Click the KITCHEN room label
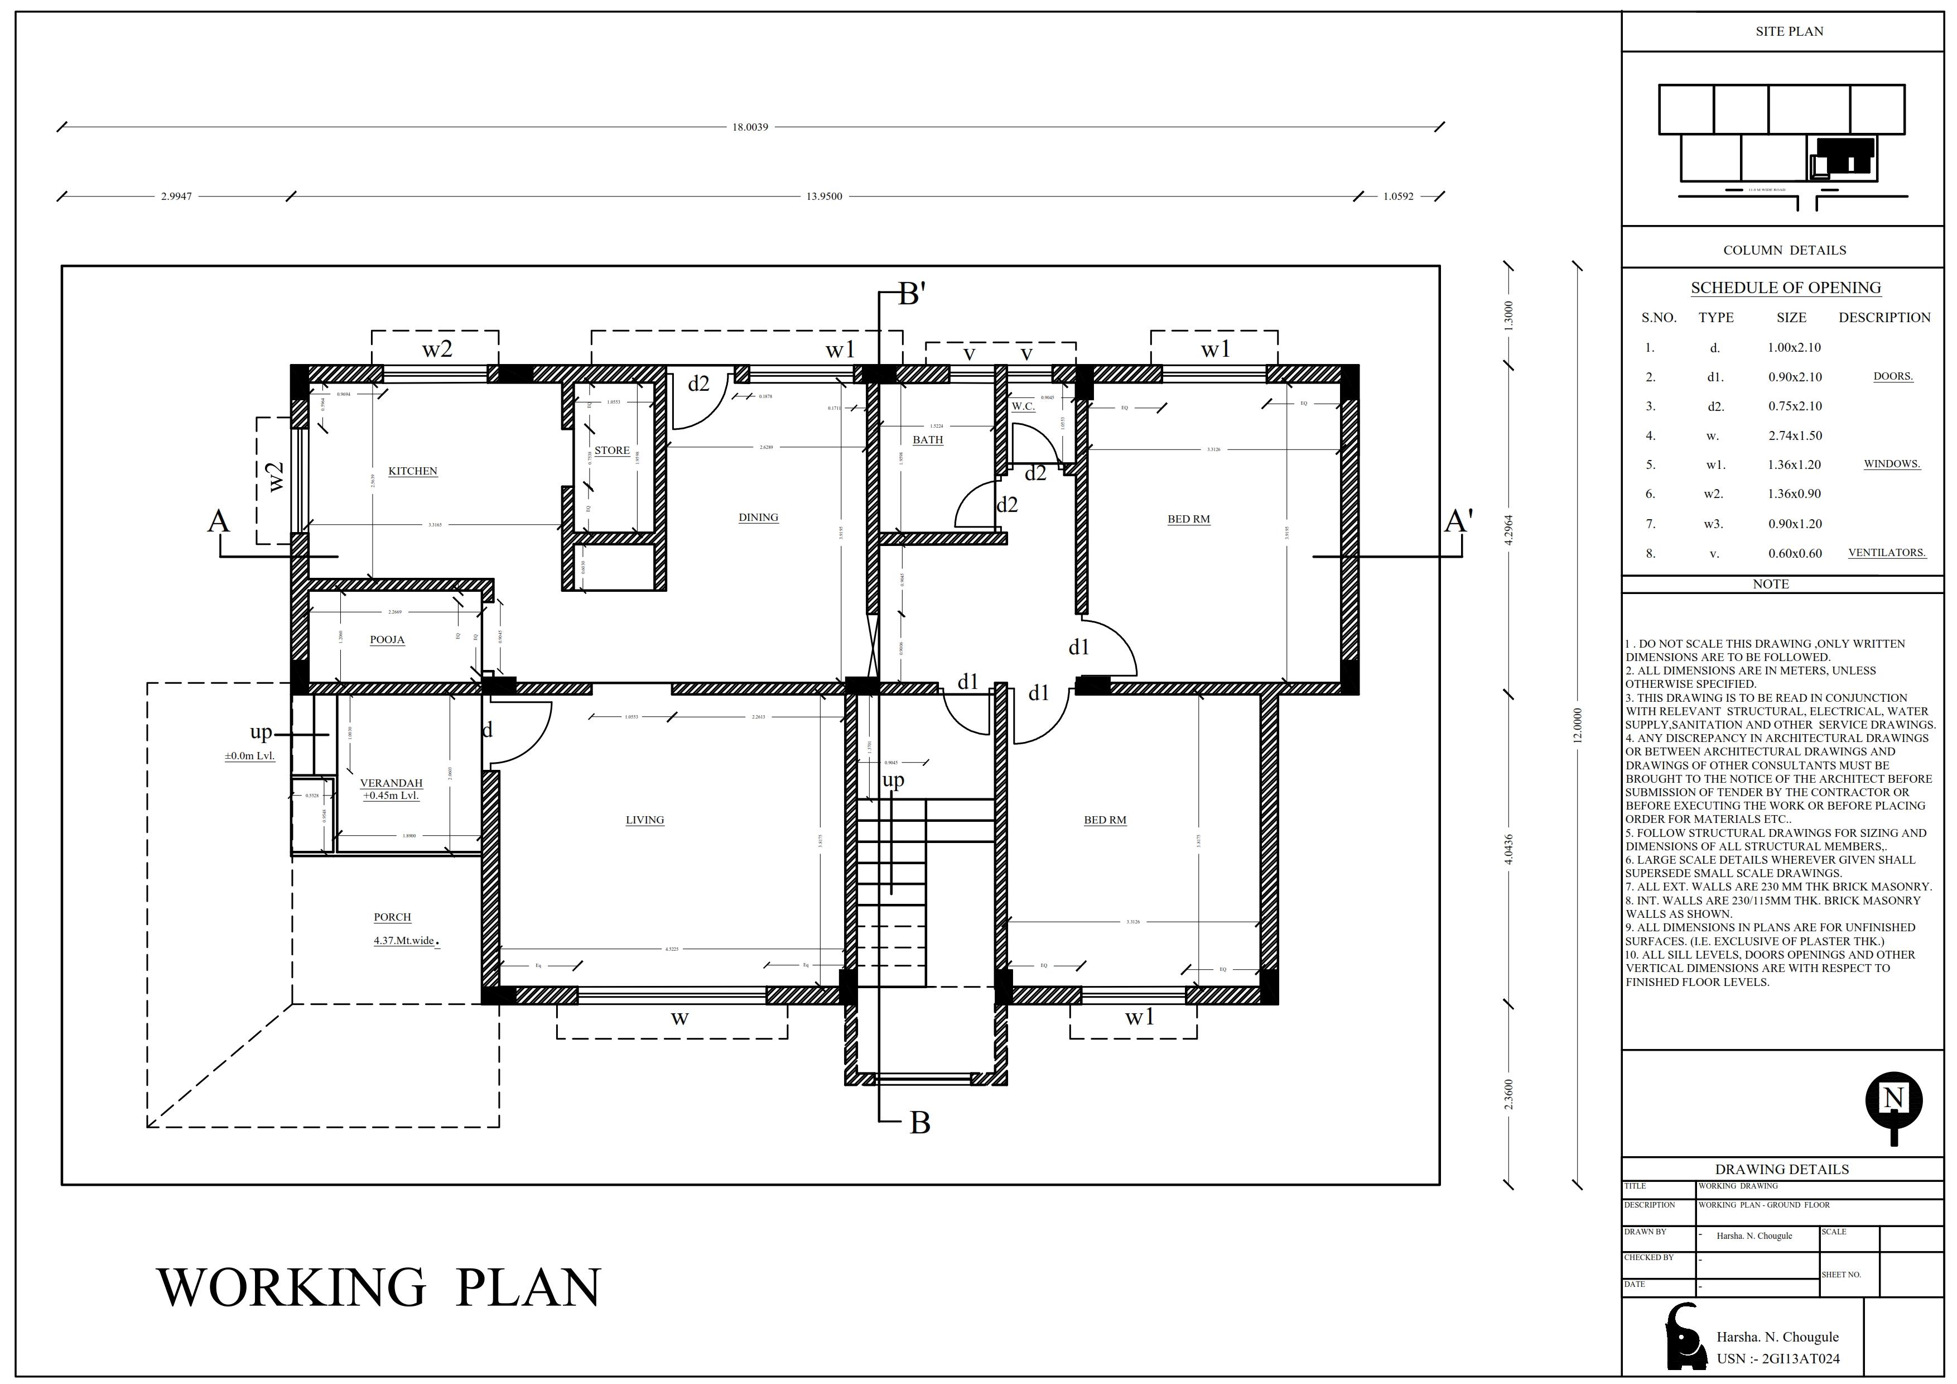412,471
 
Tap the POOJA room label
387,640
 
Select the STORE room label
612,450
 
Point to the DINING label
758,517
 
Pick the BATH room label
927,440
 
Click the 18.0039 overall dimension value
750,127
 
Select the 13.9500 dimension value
823,196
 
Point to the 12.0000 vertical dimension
1577,725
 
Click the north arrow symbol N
1893,1100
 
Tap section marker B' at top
912,295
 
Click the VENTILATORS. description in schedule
1886,553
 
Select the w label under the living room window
679,1018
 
